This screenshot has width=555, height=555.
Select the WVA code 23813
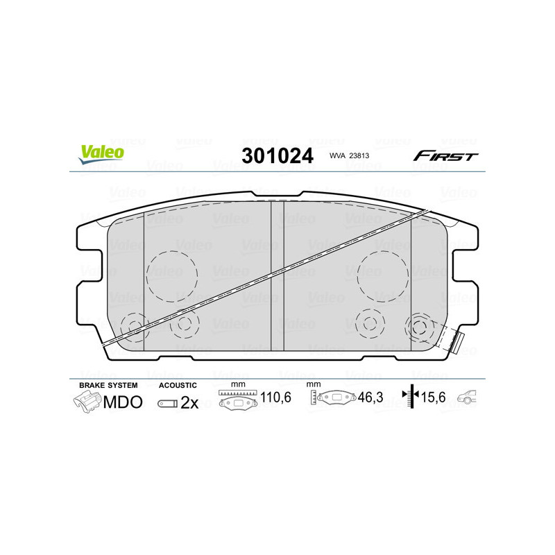tap(348, 157)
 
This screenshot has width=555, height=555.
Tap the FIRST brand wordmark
tap(445, 156)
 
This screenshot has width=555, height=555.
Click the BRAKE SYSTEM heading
tap(108, 385)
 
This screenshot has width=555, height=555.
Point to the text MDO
tap(123, 402)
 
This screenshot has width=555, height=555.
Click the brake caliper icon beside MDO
tap(87, 402)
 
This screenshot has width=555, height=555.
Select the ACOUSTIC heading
tap(178, 385)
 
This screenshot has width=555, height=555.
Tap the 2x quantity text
tap(189, 403)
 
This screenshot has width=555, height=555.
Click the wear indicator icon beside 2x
tap(167, 403)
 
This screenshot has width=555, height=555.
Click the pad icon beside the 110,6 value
tap(238, 400)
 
